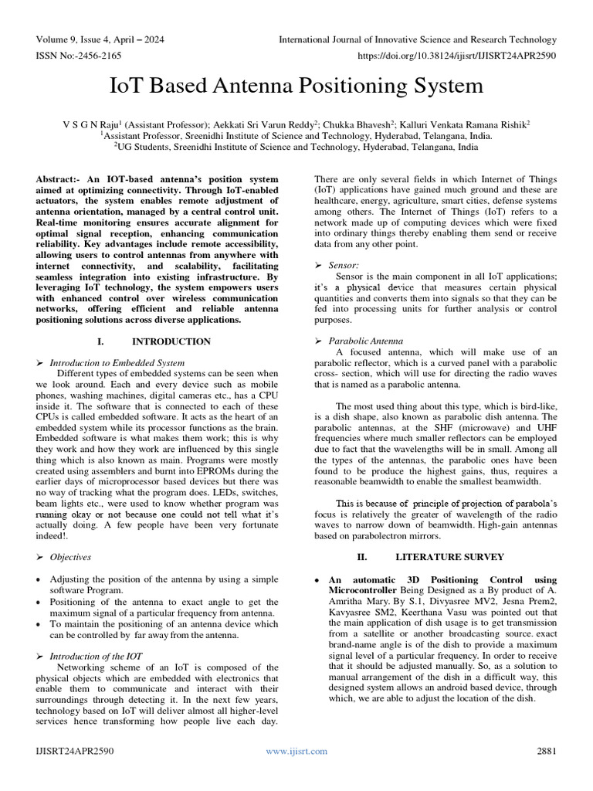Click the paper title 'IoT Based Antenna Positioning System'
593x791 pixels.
pos(296,85)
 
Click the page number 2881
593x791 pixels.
pos(547,750)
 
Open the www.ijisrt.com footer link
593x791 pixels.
pos(296,750)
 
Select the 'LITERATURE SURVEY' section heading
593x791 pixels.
pos(449,555)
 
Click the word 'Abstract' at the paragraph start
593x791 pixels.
pos(56,179)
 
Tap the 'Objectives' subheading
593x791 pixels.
pos(70,556)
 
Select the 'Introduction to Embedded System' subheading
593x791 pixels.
pos(117,362)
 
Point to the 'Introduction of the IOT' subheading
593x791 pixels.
pos(96,655)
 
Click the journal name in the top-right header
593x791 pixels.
pos(417,39)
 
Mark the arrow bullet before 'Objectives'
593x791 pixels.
pos(40,556)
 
